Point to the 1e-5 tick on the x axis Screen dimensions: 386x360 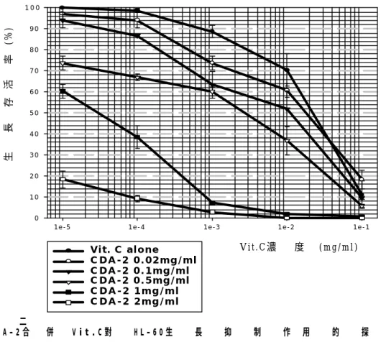(x=62, y=227)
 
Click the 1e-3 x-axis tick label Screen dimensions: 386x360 (x=212, y=227)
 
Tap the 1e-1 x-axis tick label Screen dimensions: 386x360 (x=362, y=227)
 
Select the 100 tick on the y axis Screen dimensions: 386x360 (x=32, y=8)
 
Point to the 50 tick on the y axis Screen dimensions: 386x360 (x=35, y=113)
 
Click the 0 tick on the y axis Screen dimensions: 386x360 (x=37, y=218)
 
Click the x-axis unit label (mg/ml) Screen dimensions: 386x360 (x=339, y=247)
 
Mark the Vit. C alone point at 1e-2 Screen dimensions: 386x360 (x=287, y=70)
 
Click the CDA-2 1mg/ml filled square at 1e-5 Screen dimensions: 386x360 (x=63, y=91)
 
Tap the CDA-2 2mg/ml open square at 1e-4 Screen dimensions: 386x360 (x=137, y=198)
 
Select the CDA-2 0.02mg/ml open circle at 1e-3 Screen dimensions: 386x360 (x=212, y=63)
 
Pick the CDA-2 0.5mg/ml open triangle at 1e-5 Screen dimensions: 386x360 (x=63, y=64)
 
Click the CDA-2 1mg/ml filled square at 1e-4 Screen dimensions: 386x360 (x=137, y=137)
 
